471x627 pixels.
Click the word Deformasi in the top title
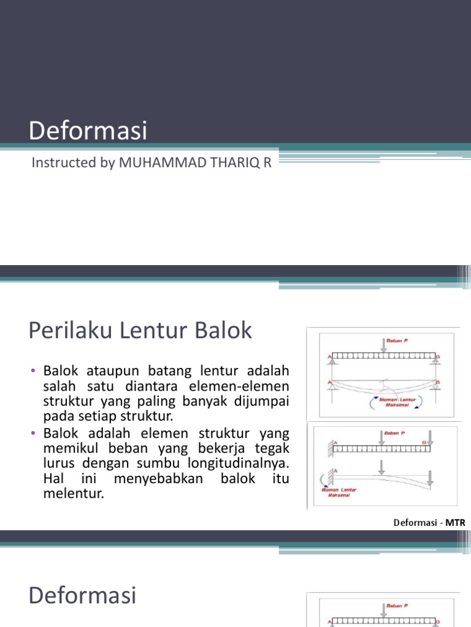(88, 132)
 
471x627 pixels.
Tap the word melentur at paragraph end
(74, 493)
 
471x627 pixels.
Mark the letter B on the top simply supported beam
(438, 356)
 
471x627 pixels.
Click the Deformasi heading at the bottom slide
(82, 595)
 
